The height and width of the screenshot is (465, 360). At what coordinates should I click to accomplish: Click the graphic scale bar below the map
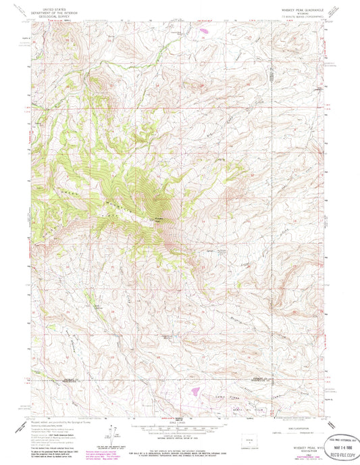pyautogui.click(x=180, y=422)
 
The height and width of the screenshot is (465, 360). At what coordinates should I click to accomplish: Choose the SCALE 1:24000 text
pyautogui.click(x=180, y=416)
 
